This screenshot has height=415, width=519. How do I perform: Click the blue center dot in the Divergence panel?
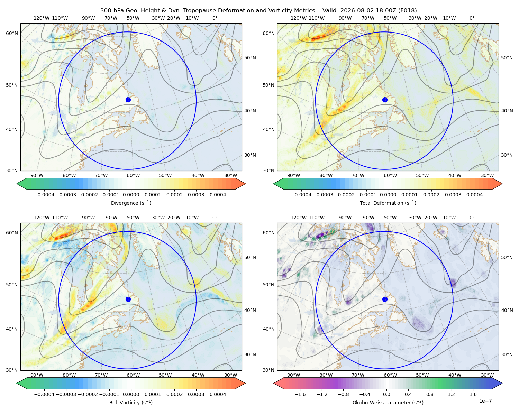tap(128, 100)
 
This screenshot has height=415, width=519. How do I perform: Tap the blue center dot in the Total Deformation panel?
tap(385, 100)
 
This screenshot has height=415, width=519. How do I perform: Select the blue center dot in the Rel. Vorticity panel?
tap(128, 299)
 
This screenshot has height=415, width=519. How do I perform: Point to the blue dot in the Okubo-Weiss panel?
tap(385, 299)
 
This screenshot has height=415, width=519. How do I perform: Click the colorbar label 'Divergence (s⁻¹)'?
tap(131, 203)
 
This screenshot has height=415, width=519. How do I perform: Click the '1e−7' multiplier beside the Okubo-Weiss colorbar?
tap(485, 401)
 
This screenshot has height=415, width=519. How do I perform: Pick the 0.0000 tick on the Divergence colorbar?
tap(131, 195)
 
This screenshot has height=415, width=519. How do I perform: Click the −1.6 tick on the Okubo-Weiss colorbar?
tap(300, 394)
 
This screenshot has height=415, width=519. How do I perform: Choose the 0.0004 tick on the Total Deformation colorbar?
tap(474, 195)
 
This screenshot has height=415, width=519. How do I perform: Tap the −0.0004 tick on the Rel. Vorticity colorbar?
tap(44, 394)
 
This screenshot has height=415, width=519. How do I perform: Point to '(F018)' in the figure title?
tap(407, 11)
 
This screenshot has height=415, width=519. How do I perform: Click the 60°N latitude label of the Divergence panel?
tap(12, 33)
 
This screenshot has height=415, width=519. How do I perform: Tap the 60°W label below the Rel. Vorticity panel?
tap(133, 375)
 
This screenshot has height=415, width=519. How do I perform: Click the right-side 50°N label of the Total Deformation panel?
tap(507, 58)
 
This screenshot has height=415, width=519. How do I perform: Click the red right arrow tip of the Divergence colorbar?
tap(245, 184)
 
